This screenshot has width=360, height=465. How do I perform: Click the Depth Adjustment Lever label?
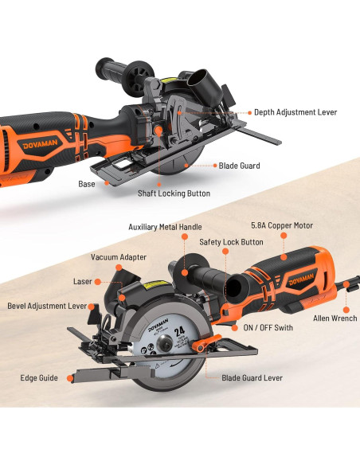pyautogui.click(x=295, y=112)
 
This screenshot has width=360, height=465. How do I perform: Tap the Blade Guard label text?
pyautogui.click(x=239, y=166)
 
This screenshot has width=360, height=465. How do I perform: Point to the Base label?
pyautogui.click(x=87, y=184)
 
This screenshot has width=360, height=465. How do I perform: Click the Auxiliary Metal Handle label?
pyautogui.click(x=165, y=226)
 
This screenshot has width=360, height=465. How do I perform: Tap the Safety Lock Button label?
pyautogui.click(x=231, y=241)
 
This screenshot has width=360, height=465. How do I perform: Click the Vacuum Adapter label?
pyautogui.click(x=118, y=258)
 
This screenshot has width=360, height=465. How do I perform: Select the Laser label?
pyautogui.click(x=83, y=281)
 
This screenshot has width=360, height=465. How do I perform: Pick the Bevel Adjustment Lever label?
pyautogui.click(x=47, y=305)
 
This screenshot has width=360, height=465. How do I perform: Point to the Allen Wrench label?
pyautogui.click(x=335, y=318)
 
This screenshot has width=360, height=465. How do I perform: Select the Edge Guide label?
pyautogui.click(x=38, y=377)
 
